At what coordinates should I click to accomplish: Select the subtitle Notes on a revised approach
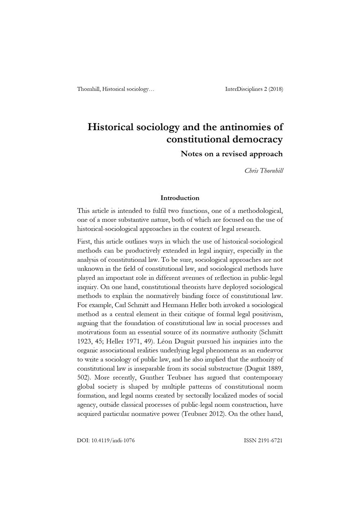pyautogui.click(x=231, y=154)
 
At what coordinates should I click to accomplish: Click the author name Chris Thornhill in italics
pyautogui.click(x=264, y=171)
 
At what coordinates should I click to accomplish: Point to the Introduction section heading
pyautogui.click(x=180, y=198)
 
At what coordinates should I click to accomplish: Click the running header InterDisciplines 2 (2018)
pyautogui.click(x=254, y=89)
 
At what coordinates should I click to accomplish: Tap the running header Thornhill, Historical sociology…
pyautogui.click(x=116, y=89)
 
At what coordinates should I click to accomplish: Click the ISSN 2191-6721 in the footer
pyautogui.click(x=263, y=440)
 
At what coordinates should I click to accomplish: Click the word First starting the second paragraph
pyautogui.click(x=84, y=241)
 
